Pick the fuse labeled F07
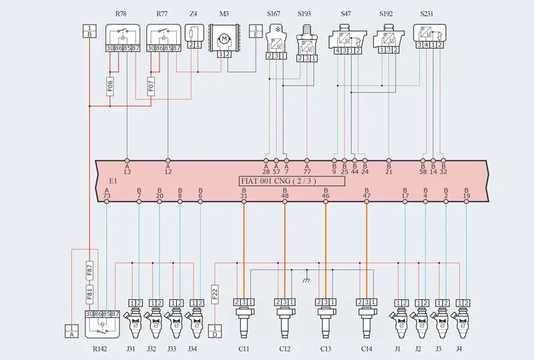pos(152,87)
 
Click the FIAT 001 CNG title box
pos(292,181)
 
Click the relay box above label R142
pos(101,323)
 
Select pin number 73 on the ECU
pos(107,195)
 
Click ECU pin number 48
pos(285,195)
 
